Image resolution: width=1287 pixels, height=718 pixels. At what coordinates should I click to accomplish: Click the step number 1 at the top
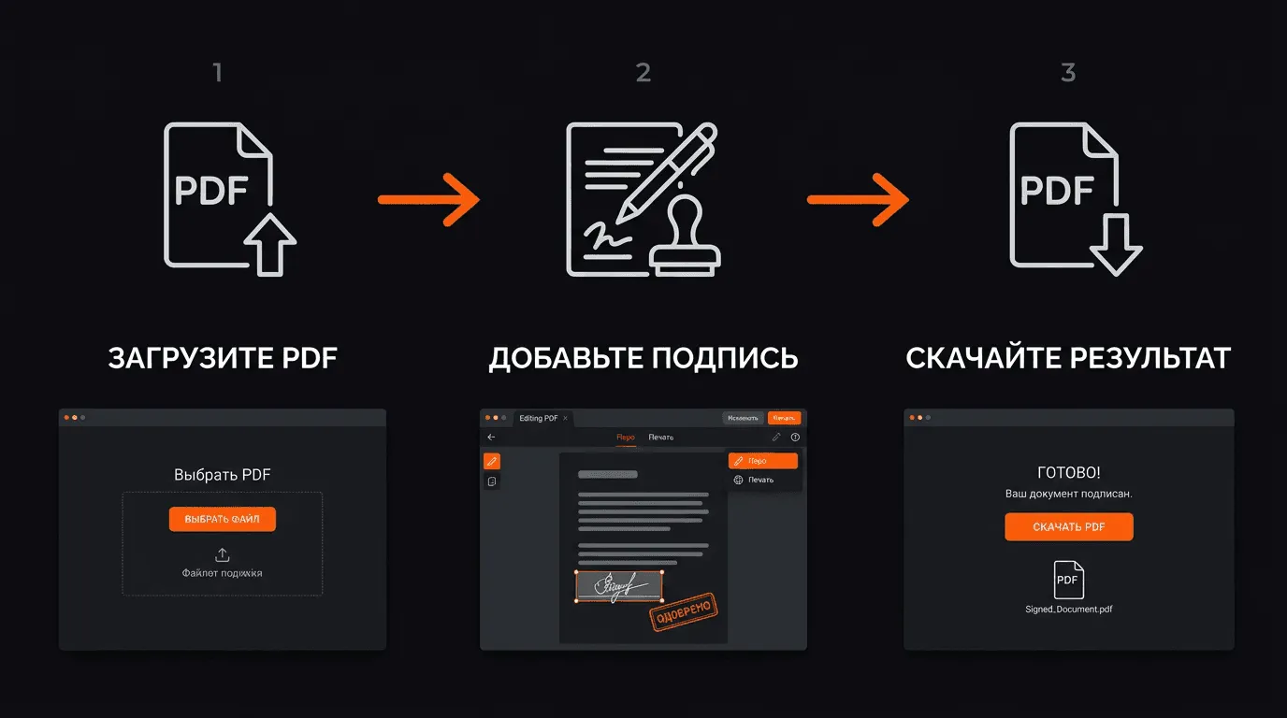click(218, 73)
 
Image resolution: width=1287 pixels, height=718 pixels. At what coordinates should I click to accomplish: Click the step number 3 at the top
click(1068, 73)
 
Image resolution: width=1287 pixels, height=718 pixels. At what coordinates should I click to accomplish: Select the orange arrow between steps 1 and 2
click(428, 199)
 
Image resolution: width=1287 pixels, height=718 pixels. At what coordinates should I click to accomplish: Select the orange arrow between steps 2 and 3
click(858, 199)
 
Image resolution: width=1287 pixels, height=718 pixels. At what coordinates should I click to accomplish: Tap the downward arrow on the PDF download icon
click(1115, 243)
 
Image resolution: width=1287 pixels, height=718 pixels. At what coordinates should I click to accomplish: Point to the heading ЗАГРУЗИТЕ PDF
click(223, 358)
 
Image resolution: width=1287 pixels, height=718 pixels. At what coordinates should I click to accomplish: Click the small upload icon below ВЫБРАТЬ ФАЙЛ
click(223, 555)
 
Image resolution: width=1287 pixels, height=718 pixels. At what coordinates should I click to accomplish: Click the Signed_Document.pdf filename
click(1069, 609)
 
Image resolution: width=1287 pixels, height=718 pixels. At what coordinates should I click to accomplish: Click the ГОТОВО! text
click(1069, 473)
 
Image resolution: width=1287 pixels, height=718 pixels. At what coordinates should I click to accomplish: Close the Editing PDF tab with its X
click(565, 418)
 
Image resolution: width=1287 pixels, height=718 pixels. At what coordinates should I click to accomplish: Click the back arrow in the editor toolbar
click(492, 438)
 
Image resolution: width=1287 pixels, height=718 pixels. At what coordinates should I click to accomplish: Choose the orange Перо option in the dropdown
click(762, 461)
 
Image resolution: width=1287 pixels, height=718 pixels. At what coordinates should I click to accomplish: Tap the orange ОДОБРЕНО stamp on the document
click(683, 610)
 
